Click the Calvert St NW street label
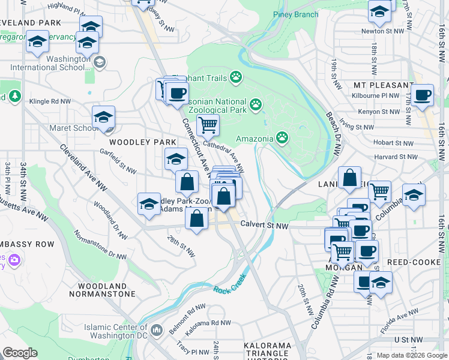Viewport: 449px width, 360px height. tap(265, 226)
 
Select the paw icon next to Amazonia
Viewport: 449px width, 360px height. tap(282, 139)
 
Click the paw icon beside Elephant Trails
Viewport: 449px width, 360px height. tap(236, 77)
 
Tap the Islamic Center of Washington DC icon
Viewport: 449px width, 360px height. tap(157, 329)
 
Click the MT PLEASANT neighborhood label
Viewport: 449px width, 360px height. tap(384, 85)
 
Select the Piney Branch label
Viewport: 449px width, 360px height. tap(295, 14)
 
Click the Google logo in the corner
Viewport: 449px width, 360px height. tap(20, 353)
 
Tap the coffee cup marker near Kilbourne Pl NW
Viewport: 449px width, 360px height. tap(422, 95)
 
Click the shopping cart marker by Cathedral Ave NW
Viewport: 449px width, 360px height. tap(208, 125)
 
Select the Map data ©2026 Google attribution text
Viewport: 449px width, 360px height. tap(411, 355)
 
